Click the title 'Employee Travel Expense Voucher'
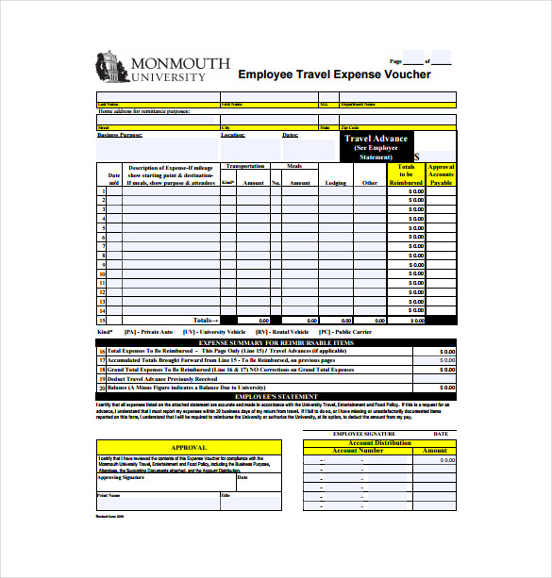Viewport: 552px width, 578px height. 334,74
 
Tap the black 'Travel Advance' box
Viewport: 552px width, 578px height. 376,145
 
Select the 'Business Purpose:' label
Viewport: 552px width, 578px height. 120,135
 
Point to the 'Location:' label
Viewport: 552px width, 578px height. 233,135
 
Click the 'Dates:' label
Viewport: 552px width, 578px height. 291,135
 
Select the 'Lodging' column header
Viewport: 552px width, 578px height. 336,183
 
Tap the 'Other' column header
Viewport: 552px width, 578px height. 370,183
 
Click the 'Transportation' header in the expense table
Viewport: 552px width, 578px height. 246,166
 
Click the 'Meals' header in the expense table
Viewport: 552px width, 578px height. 293,166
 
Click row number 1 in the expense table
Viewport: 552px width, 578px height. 102,191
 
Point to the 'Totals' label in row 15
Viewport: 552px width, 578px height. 206,321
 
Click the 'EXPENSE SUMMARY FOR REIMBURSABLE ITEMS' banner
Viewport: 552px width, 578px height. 276,342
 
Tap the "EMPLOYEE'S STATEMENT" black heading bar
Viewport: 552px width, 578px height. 276,397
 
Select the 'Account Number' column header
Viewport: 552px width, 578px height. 359,451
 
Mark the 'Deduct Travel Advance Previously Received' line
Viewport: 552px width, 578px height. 162,379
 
